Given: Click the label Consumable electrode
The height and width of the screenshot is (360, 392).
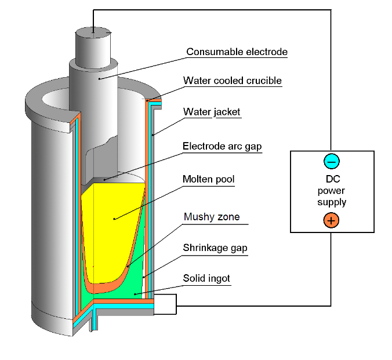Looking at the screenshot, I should coord(237,52).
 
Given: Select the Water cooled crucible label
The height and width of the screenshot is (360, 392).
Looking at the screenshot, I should coord(232,81).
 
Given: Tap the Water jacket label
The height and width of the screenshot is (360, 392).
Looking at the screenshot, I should coord(212,112).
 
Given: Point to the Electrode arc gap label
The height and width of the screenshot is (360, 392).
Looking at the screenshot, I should coord(222,147).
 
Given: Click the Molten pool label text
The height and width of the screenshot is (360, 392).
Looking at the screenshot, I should coord(208,179).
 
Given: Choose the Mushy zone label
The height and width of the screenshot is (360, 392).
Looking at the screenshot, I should coord(212,218).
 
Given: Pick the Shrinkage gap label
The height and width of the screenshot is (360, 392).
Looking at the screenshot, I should coord(215,248).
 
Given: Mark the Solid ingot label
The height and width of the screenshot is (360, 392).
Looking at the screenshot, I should coord(206,279).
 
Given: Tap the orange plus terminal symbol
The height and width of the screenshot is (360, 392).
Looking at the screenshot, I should coord(331,220).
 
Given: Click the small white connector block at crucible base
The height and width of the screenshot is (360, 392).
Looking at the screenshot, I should coord(165,304).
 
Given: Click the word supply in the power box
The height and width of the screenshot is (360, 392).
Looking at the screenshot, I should coord(332,202).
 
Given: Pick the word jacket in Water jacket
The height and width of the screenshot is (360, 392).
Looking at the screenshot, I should coord(226,112).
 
